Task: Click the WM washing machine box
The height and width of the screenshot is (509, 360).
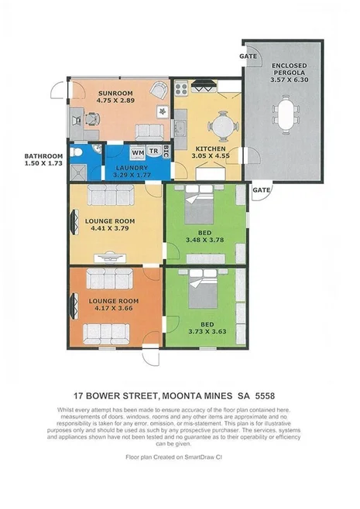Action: point(137,152)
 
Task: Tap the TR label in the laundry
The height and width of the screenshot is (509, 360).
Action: point(154,152)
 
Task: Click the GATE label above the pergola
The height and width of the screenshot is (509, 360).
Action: point(248,56)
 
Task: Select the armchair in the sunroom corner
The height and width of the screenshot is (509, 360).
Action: point(159,91)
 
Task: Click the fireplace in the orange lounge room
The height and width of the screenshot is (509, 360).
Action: point(74,307)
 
